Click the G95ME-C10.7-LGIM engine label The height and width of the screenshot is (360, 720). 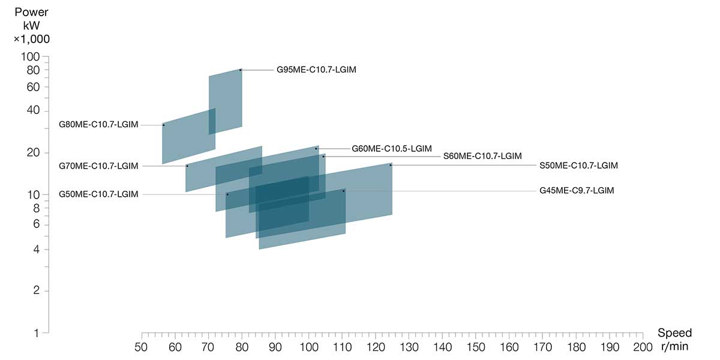(316, 70)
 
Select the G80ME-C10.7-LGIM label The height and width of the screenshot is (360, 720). (98, 125)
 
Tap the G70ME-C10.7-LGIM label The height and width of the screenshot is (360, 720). (98, 166)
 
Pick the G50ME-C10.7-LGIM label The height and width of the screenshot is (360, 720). (98, 194)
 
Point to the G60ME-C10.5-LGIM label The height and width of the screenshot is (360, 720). (391, 148)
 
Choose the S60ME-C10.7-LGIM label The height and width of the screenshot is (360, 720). (482, 156)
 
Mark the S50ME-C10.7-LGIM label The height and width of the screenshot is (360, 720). (578, 166)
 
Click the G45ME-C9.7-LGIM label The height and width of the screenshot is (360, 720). (577, 191)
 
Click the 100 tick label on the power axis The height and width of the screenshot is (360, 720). (31, 57)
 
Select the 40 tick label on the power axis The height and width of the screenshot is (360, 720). (34, 111)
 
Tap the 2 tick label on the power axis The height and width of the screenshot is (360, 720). (37, 291)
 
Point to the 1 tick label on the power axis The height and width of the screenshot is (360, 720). (37, 332)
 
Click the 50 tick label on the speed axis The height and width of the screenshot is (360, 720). (142, 347)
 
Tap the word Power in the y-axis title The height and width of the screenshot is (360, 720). (32, 13)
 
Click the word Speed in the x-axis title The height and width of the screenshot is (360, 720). (674, 333)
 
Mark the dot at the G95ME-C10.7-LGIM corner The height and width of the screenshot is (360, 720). (241, 70)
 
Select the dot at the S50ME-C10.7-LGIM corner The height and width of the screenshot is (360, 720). (391, 164)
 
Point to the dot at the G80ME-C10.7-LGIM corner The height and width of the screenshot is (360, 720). (163, 125)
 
